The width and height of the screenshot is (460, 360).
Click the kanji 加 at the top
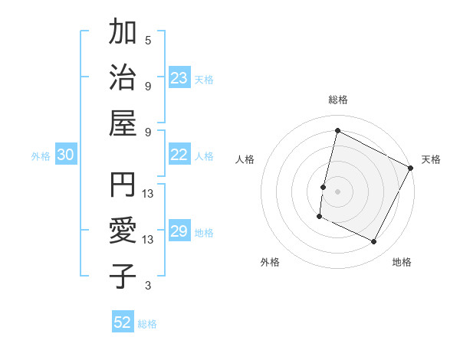tap(123, 34)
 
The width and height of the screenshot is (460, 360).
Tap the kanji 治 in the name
tap(123, 78)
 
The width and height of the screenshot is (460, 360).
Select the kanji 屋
tap(123, 123)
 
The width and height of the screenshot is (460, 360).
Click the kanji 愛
tap(123, 231)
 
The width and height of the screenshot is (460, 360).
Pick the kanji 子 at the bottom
tap(123, 276)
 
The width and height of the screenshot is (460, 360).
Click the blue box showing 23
tap(179, 78)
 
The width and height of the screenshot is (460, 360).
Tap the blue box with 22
tap(179, 155)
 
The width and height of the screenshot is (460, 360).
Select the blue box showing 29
tap(179, 232)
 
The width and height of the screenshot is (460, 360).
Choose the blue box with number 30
tap(66, 155)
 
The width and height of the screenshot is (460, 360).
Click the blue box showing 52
tap(123, 322)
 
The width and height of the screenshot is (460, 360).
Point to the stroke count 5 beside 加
tap(148, 40)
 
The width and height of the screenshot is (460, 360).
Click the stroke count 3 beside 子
tap(148, 286)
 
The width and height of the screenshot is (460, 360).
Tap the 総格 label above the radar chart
tap(337, 100)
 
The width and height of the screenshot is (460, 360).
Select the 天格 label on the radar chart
tap(431, 159)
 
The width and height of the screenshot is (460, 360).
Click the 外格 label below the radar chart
tap(270, 262)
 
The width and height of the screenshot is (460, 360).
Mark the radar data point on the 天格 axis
tap(411, 168)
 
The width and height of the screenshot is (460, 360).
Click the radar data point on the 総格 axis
tap(337, 131)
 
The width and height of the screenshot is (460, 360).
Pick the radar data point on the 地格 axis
tap(374, 242)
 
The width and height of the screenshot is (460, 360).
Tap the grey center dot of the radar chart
tap(337, 191)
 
